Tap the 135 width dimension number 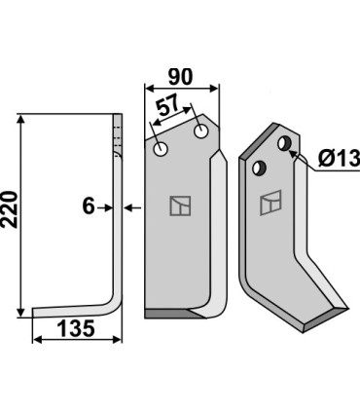point(76,329)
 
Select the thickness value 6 point(87,206)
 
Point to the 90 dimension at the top point(181,76)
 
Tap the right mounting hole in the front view point(201,130)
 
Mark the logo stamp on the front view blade point(180,206)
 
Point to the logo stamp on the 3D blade point(270,204)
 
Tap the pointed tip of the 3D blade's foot point(348,304)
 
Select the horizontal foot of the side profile point(73,311)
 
